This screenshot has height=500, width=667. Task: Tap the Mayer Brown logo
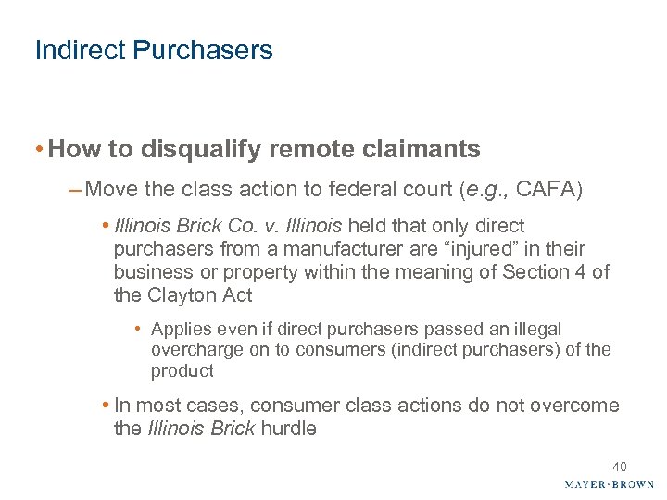[608, 484]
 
